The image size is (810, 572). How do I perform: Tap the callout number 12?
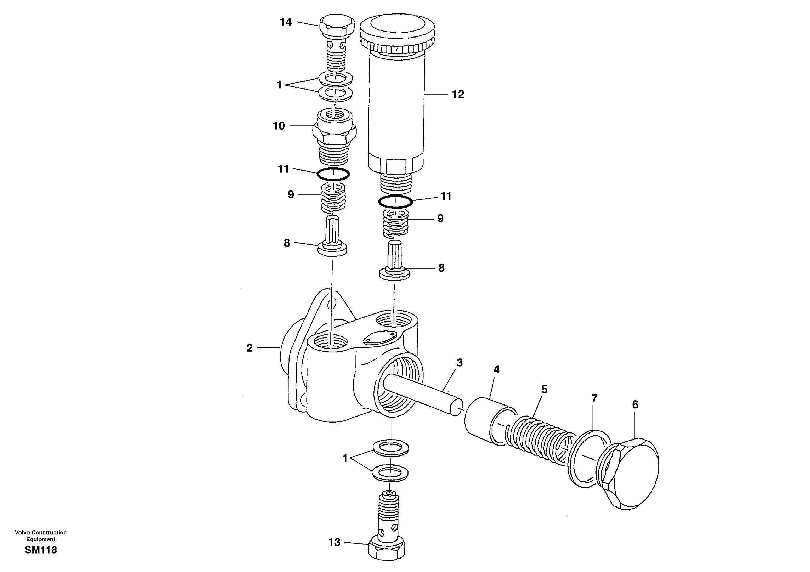click(458, 94)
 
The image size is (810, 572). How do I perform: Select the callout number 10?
click(279, 126)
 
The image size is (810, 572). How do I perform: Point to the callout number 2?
click(249, 348)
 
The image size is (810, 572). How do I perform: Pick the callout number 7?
click(594, 398)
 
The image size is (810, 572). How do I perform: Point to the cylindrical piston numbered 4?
click(483, 420)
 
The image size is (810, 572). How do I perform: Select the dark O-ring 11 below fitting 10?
click(333, 174)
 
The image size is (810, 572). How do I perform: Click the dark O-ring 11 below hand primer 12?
click(395, 202)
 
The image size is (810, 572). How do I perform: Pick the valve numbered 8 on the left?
click(332, 240)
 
